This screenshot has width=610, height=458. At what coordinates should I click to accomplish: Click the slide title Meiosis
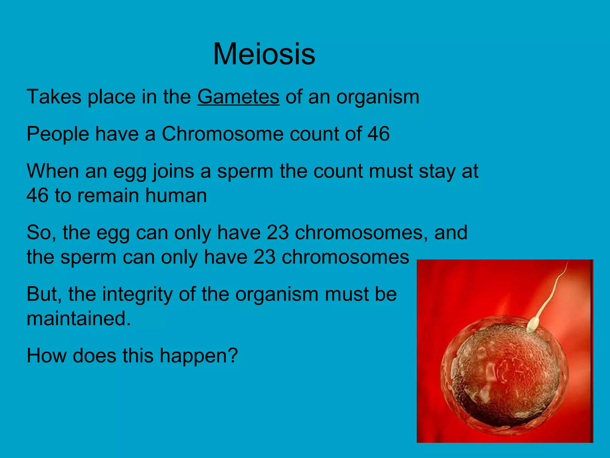pyautogui.click(x=264, y=54)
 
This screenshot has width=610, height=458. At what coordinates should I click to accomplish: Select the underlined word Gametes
pyautogui.click(x=238, y=97)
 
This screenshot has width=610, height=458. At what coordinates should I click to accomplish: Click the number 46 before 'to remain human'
pyautogui.click(x=38, y=196)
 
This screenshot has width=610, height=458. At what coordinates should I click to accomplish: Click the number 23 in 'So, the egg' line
pyautogui.click(x=278, y=233)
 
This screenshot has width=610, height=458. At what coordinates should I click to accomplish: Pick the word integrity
pyautogui.click(x=137, y=295)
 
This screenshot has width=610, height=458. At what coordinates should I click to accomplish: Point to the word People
pyautogui.click(x=58, y=134)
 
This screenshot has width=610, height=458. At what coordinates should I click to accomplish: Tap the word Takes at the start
pyautogui.click(x=54, y=97)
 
